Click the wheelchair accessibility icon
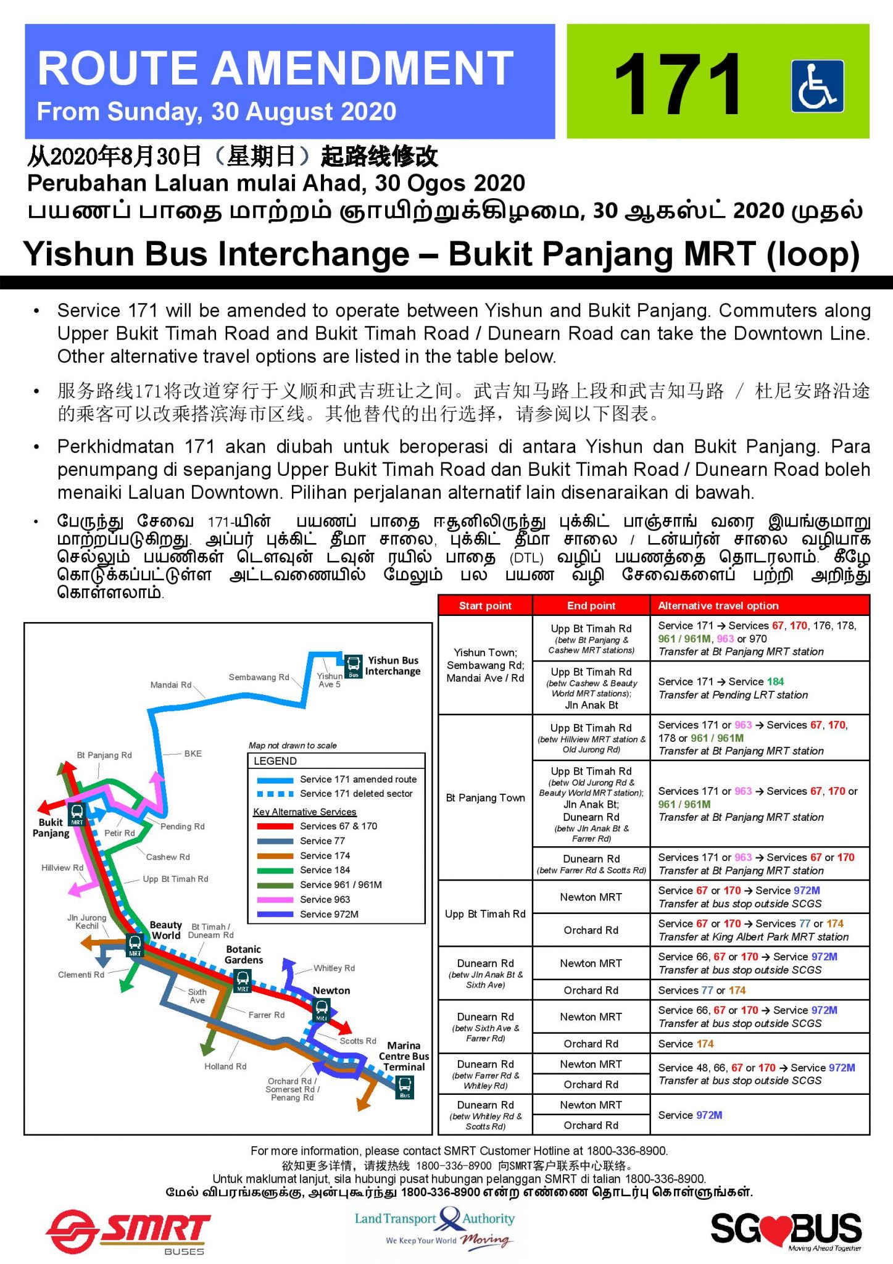817,86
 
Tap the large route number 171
678,84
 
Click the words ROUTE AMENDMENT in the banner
275,68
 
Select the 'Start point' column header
485,605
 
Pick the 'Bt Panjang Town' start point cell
485,797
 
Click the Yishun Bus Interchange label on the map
393,666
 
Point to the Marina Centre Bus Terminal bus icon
405,1086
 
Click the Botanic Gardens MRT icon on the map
243,980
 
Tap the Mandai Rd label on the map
171,684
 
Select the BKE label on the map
193,754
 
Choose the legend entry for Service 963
324,899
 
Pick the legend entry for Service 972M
328,914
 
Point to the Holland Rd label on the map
225,1066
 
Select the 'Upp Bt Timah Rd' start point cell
485,913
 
